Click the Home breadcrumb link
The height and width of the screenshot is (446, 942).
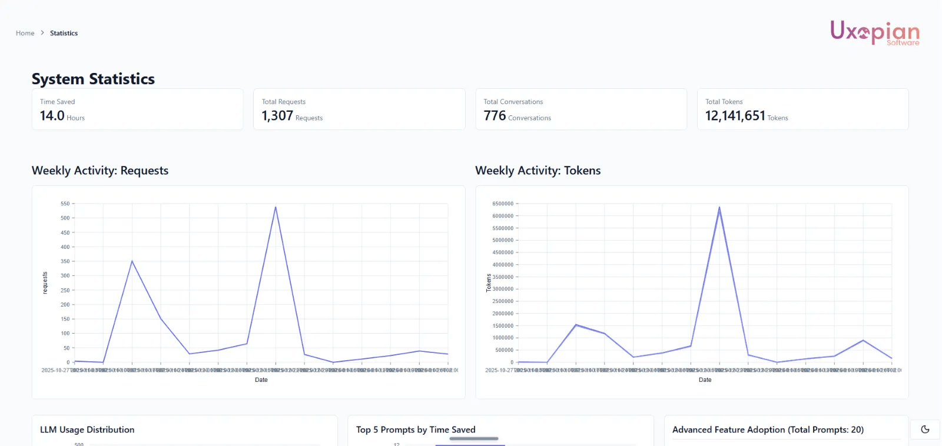(x=25, y=34)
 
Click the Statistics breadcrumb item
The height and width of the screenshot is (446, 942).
(x=64, y=34)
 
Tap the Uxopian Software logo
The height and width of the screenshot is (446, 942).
(x=874, y=32)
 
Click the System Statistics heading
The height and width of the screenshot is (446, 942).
(x=93, y=79)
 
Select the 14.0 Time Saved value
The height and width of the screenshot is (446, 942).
(x=52, y=116)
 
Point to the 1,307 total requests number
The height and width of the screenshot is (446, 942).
(x=277, y=116)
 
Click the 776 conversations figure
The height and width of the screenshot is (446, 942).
(x=495, y=116)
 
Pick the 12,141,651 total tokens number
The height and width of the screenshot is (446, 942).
(x=735, y=116)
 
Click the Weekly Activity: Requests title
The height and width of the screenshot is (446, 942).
(x=100, y=171)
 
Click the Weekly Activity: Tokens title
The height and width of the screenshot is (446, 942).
(x=538, y=171)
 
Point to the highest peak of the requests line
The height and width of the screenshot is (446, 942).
(x=276, y=207)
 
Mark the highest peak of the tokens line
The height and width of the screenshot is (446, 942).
(x=719, y=207)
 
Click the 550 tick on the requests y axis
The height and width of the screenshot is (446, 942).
(x=65, y=204)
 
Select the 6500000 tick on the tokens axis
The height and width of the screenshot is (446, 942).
(x=503, y=204)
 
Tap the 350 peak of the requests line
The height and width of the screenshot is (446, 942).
(x=132, y=261)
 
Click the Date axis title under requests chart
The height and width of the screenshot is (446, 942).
(x=261, y=380)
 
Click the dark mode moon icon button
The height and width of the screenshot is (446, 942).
(x=925, y=430)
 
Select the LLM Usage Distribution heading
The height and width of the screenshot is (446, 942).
(x=87, y=430)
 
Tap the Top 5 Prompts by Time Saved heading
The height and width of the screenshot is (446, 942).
(x=416, y=430)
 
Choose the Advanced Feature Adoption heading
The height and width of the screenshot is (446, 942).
(x=768, y=430)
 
